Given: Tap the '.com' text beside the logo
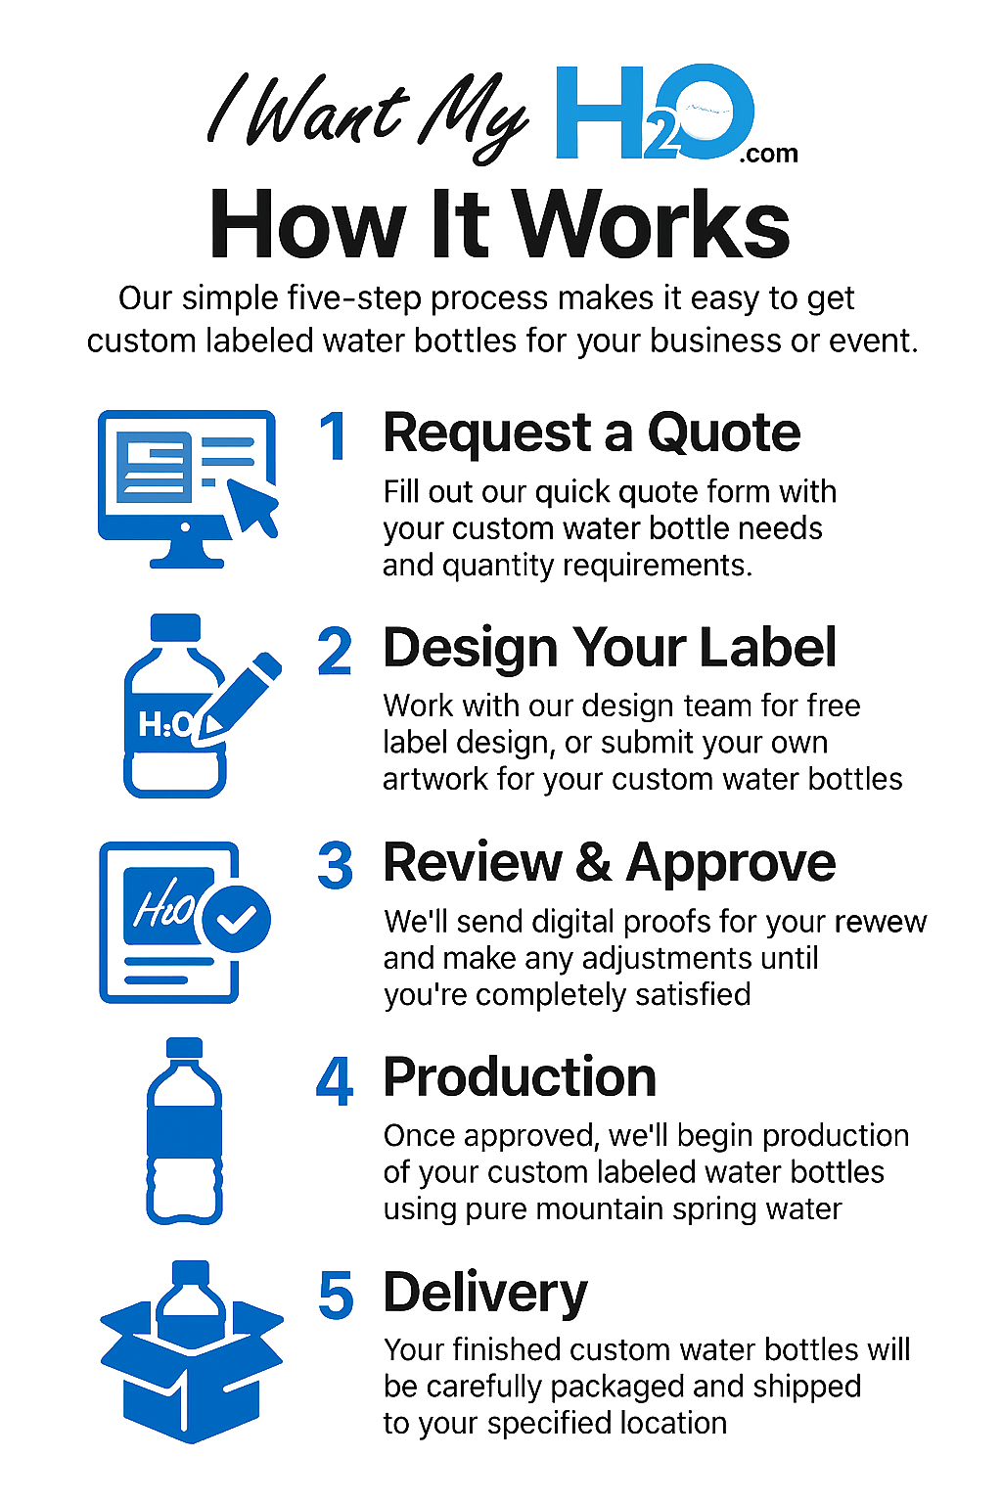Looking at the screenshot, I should click(768, 154).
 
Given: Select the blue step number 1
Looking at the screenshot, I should click(334, 436).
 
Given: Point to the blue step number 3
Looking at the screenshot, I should click(335, 866).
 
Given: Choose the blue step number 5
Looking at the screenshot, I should click(336, 1296).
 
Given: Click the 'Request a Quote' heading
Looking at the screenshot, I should click(591, 433).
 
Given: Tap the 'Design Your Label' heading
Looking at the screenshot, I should click(609, 648).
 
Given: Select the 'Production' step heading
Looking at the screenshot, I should click(520, 1077).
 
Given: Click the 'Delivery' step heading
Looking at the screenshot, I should click(485, 1293).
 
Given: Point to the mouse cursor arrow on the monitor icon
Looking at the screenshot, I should click(252, 505).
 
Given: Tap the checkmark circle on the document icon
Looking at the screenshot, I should click(235, 919).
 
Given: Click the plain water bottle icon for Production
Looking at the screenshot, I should click(184, 1132).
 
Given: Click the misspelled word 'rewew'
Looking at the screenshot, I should click(875, 922).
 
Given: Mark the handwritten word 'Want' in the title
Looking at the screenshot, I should click(327, 114).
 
